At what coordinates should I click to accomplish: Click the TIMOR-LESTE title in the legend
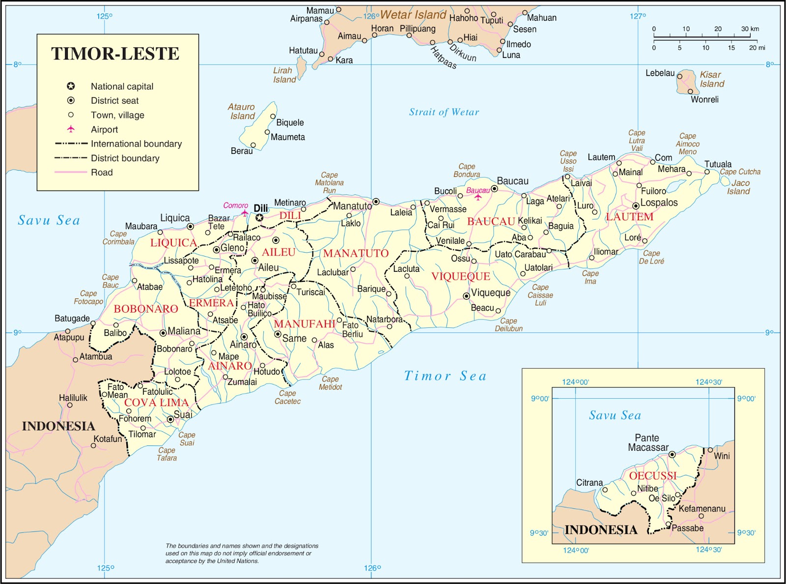pos(115,54)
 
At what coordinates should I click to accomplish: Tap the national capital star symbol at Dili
pos(259,217)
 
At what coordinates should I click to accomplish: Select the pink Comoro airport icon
pos(244,213)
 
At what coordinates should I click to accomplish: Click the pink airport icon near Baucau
pos(477,197)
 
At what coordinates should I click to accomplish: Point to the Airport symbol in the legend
pos(71,129)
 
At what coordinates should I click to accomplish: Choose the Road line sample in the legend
pos(71,172)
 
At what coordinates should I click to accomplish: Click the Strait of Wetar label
pos(444,112)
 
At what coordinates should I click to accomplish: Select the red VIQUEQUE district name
pos(460,276)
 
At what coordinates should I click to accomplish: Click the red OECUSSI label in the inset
pos(652,476)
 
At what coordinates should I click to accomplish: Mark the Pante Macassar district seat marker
pos(672,455)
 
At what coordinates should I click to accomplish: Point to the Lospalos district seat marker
pos(636,205)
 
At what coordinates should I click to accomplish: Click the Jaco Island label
pos(739,187)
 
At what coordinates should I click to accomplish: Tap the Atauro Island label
pos(242,112)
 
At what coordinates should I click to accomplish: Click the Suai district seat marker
pos(170,419)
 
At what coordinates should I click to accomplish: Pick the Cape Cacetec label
pos(287,397)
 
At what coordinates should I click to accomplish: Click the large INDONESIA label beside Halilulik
pos(58,426)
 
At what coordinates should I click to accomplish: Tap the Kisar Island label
pos(711,79)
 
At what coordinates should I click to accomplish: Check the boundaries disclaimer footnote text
pos(242,553)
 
